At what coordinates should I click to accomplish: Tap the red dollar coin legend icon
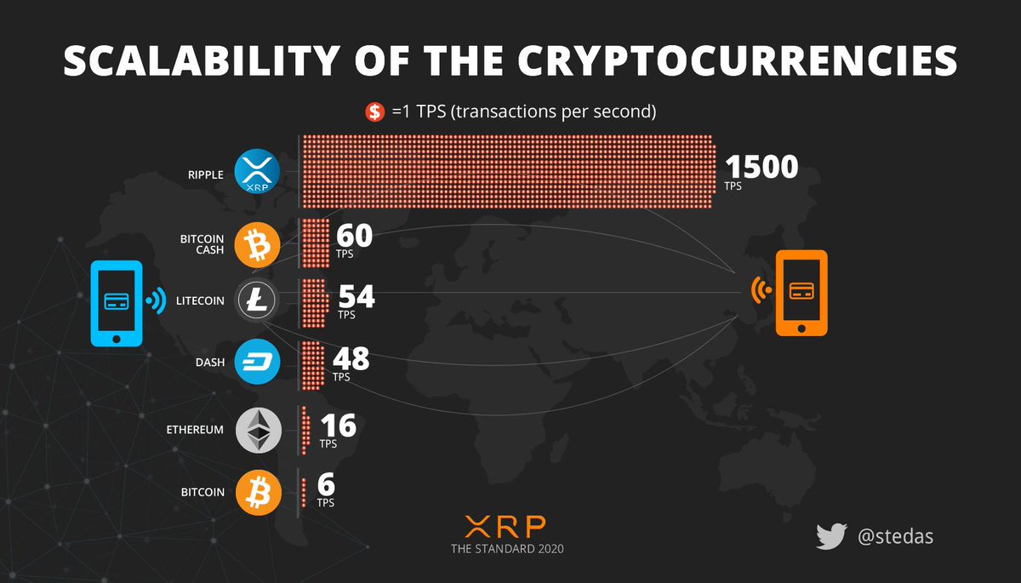point(375,111)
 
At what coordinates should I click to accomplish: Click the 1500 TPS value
point(761,167)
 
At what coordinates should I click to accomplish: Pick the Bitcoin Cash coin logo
point(256,245)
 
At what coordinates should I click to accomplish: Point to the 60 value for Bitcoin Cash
point(354,237)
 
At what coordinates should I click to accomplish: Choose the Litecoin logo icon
point(258,301)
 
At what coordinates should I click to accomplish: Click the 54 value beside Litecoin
point(356,297)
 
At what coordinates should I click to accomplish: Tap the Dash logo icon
point(257,361)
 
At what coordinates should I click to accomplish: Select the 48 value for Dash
point(351,359)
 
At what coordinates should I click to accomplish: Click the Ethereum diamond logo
point(258,430)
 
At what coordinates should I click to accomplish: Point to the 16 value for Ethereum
point(337,426)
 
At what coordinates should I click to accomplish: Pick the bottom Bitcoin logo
point(257,492)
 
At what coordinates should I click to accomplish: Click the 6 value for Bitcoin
point(326,485)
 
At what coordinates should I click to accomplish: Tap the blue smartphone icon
point(117,302)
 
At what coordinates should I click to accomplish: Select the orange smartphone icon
point(799,293)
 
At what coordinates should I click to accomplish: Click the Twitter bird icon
point(831,536)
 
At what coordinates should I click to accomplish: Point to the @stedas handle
point(896,537)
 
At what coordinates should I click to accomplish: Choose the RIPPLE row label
point(205,174)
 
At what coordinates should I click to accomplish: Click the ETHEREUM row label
point(195,430)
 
